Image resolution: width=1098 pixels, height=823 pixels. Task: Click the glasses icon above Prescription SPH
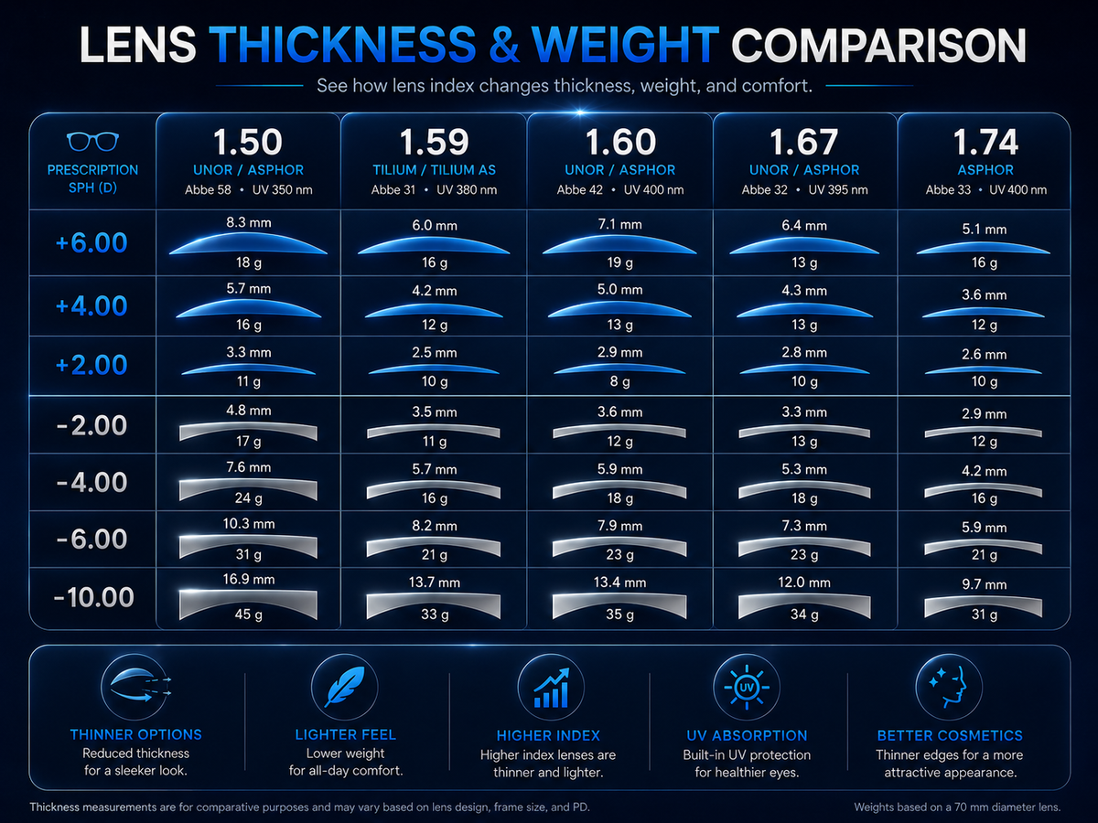92,142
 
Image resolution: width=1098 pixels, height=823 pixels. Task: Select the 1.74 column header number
985,143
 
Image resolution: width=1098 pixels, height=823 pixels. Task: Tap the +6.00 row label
91,243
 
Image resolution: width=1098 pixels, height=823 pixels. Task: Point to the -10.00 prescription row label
93,597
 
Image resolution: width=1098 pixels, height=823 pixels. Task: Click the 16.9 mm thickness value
249,579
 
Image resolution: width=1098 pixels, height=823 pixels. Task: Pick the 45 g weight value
249,615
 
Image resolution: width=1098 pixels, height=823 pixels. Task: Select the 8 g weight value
619,381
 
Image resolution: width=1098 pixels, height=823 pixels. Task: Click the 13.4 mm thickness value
619,583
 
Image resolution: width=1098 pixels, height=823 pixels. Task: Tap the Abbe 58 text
208,190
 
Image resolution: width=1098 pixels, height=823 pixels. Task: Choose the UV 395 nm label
838,190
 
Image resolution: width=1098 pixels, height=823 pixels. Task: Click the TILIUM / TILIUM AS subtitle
435,170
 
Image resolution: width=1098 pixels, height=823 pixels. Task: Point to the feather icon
345,687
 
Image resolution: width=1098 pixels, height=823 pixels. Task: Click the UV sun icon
747,688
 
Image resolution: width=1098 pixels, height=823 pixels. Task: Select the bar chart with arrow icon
551,688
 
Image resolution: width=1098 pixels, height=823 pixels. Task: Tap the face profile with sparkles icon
949,688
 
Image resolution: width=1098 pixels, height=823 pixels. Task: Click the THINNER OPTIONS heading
136,734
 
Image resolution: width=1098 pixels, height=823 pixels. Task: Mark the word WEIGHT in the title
626,45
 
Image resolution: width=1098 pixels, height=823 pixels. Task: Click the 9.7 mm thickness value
984,584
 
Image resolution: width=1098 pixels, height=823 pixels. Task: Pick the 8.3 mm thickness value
249,222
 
